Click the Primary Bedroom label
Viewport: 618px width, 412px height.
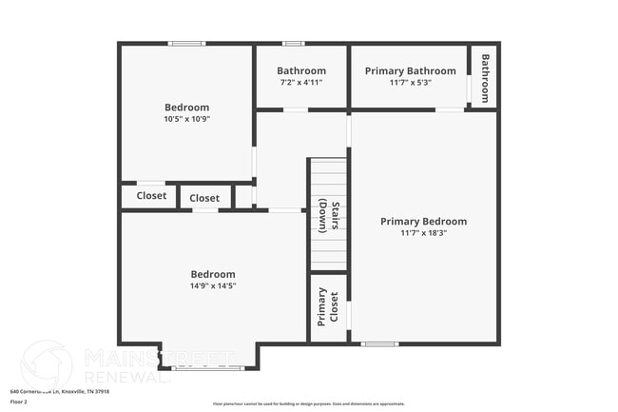pyautogui.click(x=423, y=222)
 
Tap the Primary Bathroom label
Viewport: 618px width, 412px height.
pyautogui.click(x=410, y=71)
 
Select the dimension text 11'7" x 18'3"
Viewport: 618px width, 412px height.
pyautogui.click(x=423, y=233)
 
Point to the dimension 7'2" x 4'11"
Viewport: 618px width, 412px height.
pyautogui.click(x=301, y=83)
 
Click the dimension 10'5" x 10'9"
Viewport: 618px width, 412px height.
pyautogui.click(x=186, y=120)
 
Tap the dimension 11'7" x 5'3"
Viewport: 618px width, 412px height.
pyautogui.click(x=410, y=83)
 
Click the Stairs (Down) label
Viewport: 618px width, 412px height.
pyautogui.click(x=328, y=216)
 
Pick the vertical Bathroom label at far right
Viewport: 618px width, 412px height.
pyautogui.click(x=484, y=78)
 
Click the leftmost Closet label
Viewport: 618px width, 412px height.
pyautogui.click(x=151, y=196)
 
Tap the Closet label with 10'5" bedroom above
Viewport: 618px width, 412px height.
pyautogui.click(x=204, y=198)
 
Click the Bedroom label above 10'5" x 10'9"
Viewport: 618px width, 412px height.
pyautogui.click(x=186, y=108)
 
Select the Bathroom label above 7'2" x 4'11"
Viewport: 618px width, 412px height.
pyautogui.click(x=301, y=71)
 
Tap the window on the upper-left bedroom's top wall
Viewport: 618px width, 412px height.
pyautogui.click(x=187, y=44)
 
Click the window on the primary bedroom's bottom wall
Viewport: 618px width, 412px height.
pyautogui.click(x=379, y=343)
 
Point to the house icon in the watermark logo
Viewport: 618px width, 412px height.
pyautogui.click(x=46, y=365)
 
